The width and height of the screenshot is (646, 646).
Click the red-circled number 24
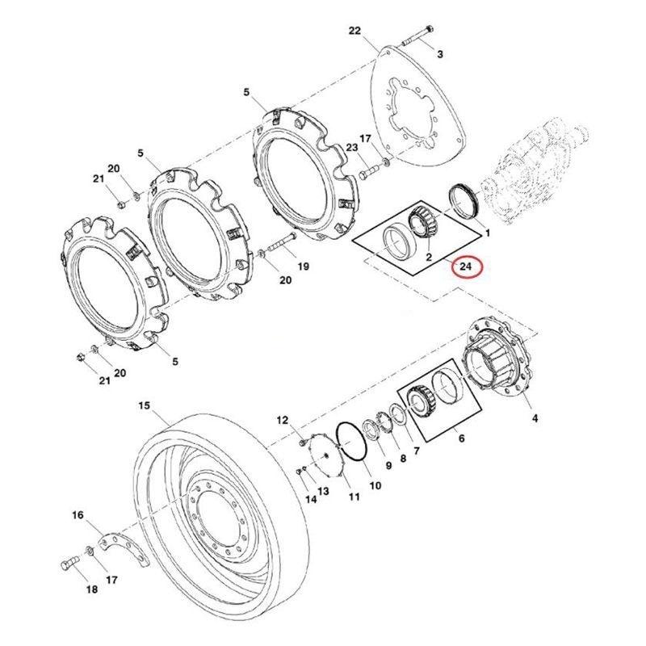pyautogui.click(x=467, y=266)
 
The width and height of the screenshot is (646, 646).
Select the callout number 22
pyautogui.click(x=354, y=31)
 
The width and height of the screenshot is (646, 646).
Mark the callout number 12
pyautogui.click(x=282, y=420)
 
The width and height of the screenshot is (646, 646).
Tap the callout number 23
pyautogui.click(x=351, y=148)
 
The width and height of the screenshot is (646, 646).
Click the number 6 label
pyautogui.click(x=461, y=439)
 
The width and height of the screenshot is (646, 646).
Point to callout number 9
pyautogui.click(x=388, y=466)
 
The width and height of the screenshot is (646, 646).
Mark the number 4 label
pyautogui.click(x=534, y=418)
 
